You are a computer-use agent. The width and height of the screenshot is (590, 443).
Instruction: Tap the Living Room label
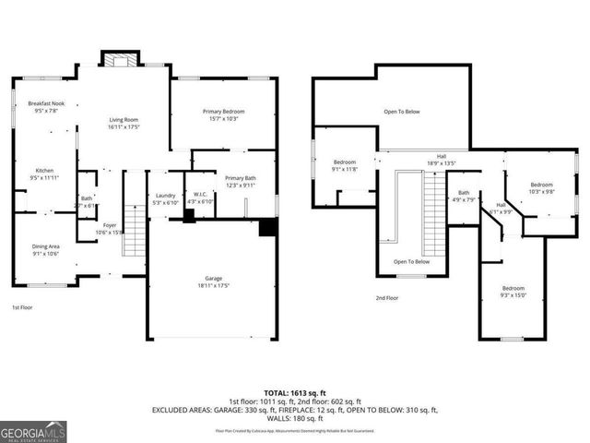tap(124, 124)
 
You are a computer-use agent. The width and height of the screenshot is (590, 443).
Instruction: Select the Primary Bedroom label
tap(224, 114)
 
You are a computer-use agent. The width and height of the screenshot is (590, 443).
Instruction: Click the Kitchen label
tap(45, 174)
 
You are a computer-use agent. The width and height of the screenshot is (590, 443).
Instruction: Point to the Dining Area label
tap(46, 249)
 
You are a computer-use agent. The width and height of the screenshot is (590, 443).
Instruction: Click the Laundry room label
tap(166, 198)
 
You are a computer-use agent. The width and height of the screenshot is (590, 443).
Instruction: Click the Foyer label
tap(110, 228)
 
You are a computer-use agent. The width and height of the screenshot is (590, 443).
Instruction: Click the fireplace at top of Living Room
tap(118, 61)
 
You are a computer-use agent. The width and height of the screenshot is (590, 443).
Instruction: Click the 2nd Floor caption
tap(387, 298)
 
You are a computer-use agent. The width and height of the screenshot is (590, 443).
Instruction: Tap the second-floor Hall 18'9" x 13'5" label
tap(442, 160)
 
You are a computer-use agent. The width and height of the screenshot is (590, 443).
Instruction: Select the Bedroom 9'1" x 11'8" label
tap(345, 165)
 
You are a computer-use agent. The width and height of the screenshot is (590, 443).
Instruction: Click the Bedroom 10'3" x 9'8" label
tap(541, 188)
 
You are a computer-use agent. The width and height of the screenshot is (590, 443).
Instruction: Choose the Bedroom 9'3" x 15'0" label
tap(513, 292)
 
